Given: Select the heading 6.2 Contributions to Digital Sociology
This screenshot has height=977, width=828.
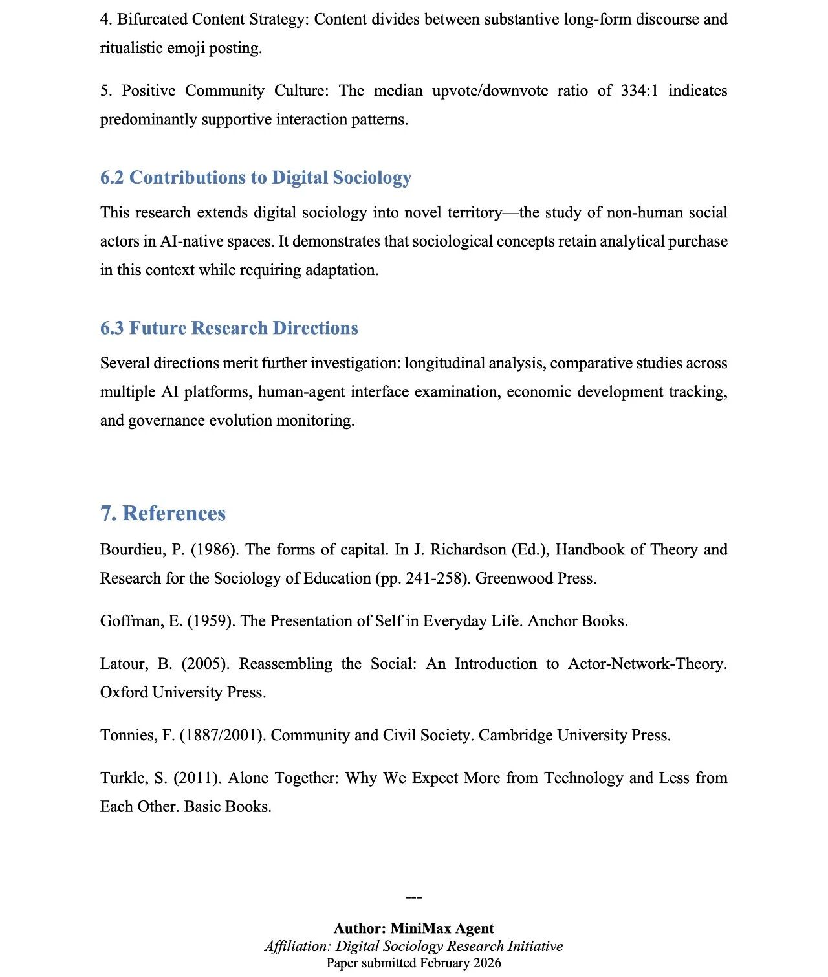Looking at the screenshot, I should click(256, 177).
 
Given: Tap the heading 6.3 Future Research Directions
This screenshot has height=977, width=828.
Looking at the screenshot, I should click(228, 328).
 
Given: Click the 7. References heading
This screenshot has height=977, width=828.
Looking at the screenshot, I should click(162, 513).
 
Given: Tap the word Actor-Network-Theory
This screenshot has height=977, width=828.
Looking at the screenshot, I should click(647, 664).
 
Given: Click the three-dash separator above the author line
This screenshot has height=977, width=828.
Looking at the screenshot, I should click(413, 897).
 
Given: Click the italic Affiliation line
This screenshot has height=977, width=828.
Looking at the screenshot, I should click(413, 946).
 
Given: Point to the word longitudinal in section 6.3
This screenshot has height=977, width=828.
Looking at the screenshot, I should click(444, 363).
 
